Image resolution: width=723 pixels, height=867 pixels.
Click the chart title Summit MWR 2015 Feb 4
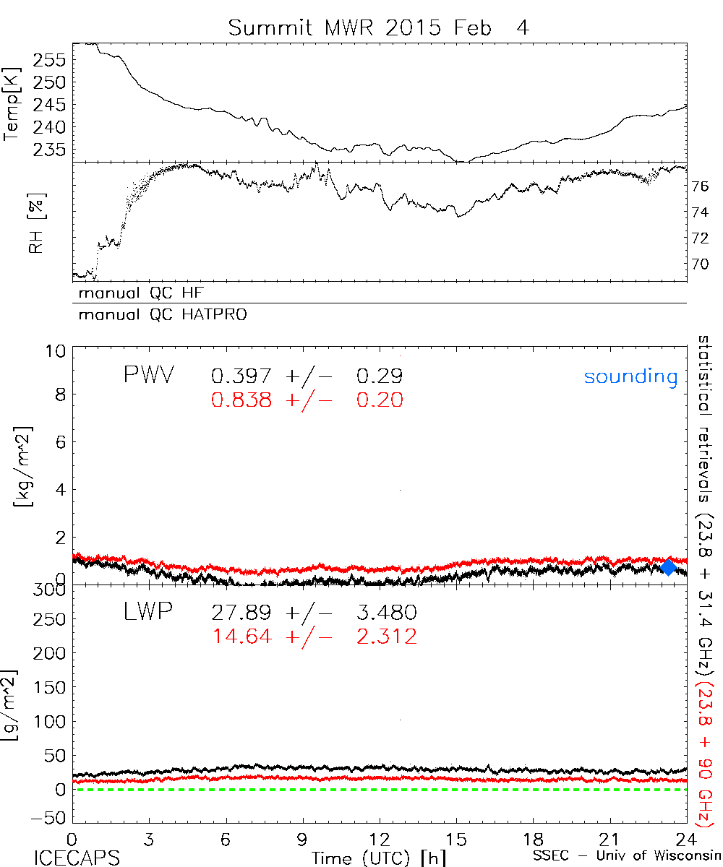click(x=380, y=28)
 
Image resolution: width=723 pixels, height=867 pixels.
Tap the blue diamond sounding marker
click(x=669, y=567)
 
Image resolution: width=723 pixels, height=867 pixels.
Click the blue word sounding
click(x=630, y=376)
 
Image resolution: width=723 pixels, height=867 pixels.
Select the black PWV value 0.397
click(x=241, y=376)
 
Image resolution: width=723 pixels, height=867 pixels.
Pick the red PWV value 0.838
click(x=241, y=400)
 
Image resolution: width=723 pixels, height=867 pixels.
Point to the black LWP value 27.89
click(x=241, y=613)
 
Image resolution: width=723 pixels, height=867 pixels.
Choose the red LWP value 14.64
click(x=241, y=637)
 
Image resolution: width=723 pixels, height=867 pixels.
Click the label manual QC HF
click(x=137, y=293)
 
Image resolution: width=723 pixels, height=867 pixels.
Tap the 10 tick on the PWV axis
click(x=59, y=351)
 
